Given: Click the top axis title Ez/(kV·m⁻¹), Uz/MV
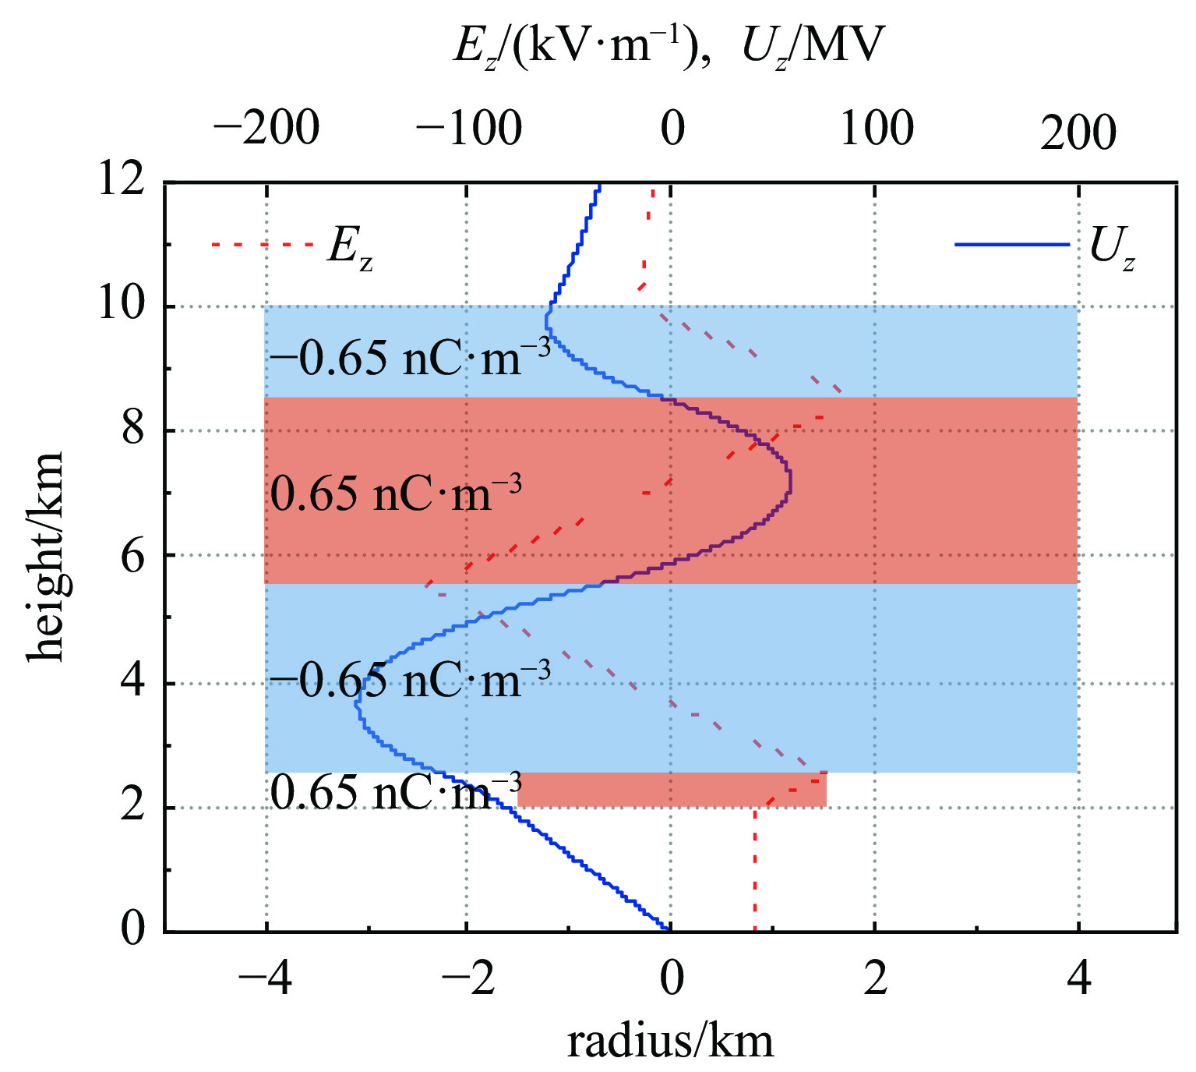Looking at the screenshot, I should click(669, 48).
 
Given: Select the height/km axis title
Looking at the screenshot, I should click(47, 555).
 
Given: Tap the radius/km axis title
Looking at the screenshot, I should click(670, 1042).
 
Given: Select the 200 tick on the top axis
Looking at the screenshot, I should click(1078, 133).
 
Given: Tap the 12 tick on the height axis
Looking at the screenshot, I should click(122, 181).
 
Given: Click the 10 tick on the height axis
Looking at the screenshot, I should click(122, 306).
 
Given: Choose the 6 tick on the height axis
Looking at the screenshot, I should click(133, 555).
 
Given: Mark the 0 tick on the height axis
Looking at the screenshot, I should click(133, 929).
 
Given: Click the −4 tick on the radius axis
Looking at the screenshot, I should click(266, 979).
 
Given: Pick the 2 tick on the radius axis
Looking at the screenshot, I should click(876, 979).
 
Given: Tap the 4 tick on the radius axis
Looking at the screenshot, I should click(1078, 979).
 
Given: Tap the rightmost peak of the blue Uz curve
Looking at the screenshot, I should click(790, 482).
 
